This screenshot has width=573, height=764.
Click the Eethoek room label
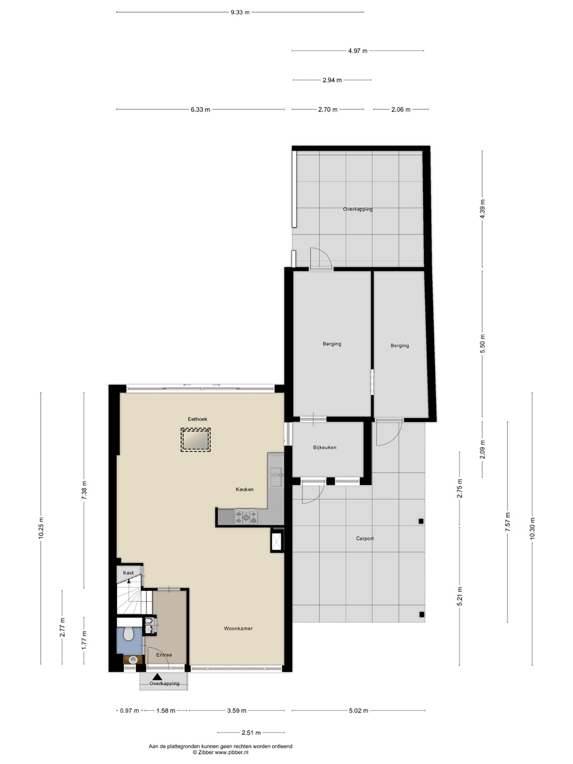[x=197, y=419]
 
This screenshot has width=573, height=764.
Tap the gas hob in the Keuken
[x=246, y=517]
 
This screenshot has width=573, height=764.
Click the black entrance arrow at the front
[x=157, y=676]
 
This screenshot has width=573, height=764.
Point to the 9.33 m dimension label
[x=240, y=12]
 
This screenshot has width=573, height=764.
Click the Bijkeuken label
[x=325, y=448]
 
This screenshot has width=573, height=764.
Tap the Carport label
[x=364, y=539]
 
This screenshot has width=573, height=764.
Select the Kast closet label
[x=128, y=573]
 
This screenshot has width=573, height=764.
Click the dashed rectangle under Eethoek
[x=196, y=440]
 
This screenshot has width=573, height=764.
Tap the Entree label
[x=164, y=655]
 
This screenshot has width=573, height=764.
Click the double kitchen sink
[x=276, y=476]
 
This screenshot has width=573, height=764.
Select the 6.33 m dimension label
[x=200, y=109]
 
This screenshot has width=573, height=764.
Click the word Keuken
[x=245, y=489]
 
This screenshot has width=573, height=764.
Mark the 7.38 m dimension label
[x=84, y=490]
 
